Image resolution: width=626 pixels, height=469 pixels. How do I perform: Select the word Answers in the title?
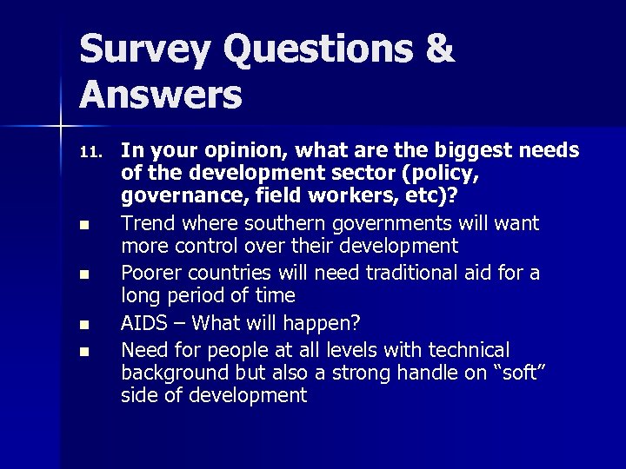[161, 95]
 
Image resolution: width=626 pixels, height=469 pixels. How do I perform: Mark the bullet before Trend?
[83, 226]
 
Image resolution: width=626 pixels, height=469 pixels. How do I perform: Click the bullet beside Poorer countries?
[83, 275]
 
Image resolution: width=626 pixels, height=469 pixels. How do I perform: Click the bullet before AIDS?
[83, 325]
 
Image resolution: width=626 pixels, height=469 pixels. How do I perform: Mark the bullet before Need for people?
[83, 352]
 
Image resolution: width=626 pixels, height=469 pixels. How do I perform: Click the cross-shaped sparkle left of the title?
[61, 127]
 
